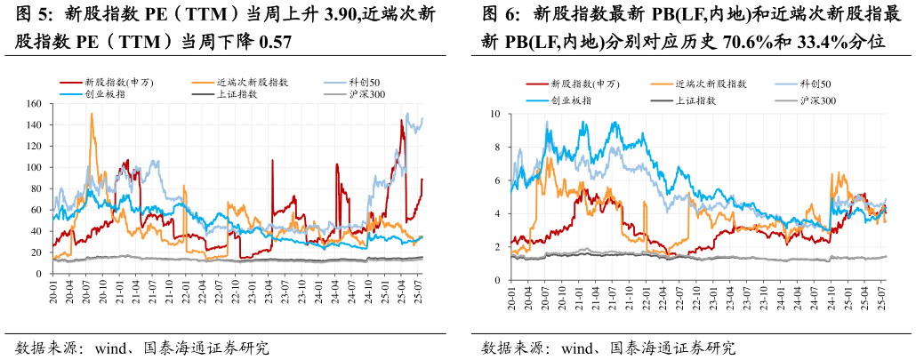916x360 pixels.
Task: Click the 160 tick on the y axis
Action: tap(35, 103)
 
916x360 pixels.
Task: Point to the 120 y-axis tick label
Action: tap(35, 146)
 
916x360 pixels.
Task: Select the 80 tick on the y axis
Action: tap(37, 188)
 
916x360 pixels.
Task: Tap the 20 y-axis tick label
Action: tap(37, 252)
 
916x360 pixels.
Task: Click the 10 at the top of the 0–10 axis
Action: tap(495, 114)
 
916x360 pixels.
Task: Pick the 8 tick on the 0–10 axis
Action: tap(498, 148)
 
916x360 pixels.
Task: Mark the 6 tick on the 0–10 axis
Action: tap(498, 180)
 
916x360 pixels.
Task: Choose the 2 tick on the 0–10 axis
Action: tap(498, 247)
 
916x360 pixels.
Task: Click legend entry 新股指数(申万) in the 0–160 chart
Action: tap(118, 83)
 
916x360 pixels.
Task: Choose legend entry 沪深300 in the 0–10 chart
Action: tap(817, 100)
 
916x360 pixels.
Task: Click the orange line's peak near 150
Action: tap(92, 114)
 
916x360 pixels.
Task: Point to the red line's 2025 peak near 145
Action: tap(402, 120)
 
